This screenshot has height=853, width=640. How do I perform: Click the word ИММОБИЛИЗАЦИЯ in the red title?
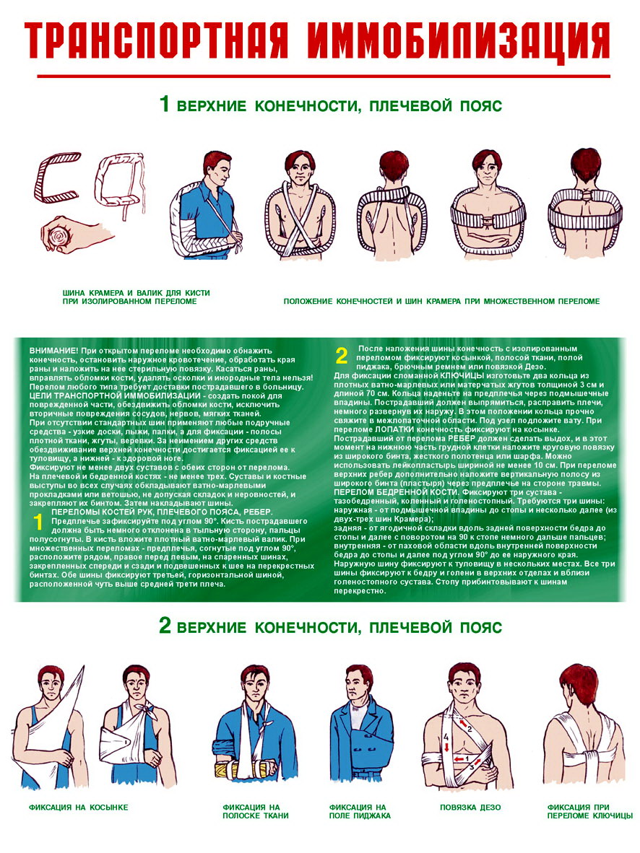click(x=458, y=42)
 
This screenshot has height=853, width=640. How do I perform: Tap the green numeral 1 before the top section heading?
click(x=164, y=103)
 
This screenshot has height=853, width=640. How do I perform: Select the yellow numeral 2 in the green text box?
click(x=341, y=356)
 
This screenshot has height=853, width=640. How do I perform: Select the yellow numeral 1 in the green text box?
click(x=38, y=522)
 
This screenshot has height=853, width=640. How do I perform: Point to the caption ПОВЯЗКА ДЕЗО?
click(x=470, y=808)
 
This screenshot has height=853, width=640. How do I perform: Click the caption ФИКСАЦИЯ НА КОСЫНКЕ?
click(x=79, y=808)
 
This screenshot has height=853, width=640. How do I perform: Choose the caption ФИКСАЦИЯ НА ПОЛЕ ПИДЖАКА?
click(x=360, y=811)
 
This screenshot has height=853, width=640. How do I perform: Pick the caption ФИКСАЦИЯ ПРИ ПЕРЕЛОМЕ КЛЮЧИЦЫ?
click(x=590, y=811)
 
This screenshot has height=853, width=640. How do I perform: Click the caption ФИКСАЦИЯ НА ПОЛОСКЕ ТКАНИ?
click(x=256, y=811)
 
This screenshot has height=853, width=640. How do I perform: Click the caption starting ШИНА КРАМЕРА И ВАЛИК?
click(x=137, y=297)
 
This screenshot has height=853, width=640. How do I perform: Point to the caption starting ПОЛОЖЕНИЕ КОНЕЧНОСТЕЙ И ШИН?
click(x=441, y=301)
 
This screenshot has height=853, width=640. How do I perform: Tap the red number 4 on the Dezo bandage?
click(x=446, y=737)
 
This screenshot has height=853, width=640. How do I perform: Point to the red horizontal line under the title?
click(x=324, y=76)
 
